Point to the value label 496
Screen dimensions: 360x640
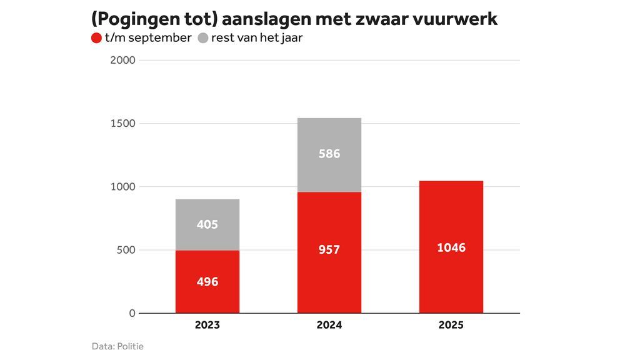pyautogui.click(x=207, y=282)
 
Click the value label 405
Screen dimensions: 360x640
pyautogui.click(x=207, y=224)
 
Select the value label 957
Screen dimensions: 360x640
pyautogui.click(x=329, y=250)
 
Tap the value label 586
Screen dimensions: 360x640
pyautogui.click(x=329, y=154)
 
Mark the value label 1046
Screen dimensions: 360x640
pyautogui.click(x=451, y=248)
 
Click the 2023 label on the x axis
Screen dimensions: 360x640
pyautogui.click(x=207, y=325)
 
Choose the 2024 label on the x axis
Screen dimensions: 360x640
pyautogui.click(x=329, y=325)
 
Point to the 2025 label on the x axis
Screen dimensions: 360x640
pyautogui.click(x=451, y=325)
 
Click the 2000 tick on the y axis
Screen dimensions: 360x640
pyautogui.click(x=122, y=61)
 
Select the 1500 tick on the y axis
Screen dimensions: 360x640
pyautogui.click(x=122, y=124)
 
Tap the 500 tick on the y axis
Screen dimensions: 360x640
pyautogui.click(x=125, y=250)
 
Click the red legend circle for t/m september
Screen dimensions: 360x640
pyautogui.click(x=96, y=38)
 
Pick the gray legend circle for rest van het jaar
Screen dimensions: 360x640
pyautogui.click(x=202, y=38)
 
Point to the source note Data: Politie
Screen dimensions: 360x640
pyautogui.click(x=117, y=346)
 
